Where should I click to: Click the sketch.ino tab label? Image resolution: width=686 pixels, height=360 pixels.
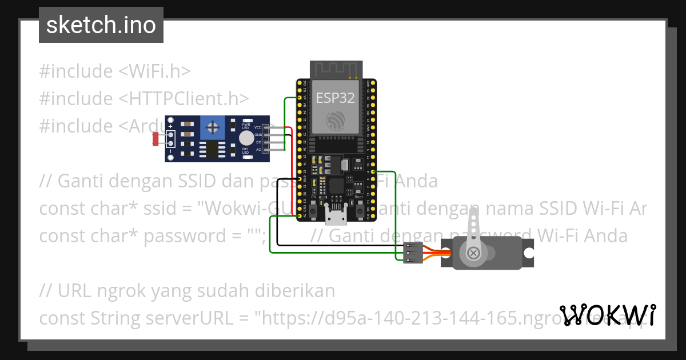[x=101, y=25]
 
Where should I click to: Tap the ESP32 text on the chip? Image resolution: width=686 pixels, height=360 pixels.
[x=336, y=97]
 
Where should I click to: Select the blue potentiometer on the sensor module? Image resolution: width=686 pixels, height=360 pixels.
[x=212, y=126]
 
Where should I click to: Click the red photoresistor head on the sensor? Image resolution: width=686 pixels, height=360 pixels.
[x=156, y=138]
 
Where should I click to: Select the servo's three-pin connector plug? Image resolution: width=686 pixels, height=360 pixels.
[x=413, y=253]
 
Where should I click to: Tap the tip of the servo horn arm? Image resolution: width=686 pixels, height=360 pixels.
[x=473, y=214]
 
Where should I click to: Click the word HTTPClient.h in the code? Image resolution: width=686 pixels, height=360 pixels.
[x=184, y=98]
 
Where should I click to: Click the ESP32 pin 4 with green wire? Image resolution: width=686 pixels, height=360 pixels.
[x=373, y=171]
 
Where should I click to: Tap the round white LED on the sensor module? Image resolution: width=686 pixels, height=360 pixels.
[x=246, y=138]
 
